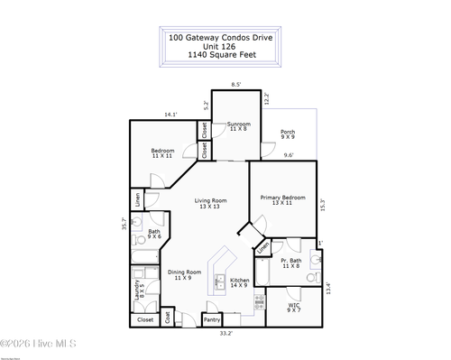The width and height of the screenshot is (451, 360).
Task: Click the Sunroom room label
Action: [238, 125]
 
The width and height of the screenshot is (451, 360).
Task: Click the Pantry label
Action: [212, 319]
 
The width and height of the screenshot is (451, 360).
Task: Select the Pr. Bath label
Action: [290, 263]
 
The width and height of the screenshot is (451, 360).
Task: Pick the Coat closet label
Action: [169, 318]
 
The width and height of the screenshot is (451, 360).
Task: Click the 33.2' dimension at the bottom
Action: [225, 334]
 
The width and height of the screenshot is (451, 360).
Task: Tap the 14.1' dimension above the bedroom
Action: [170, 115]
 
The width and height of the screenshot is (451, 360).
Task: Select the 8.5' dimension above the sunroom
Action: [236, 85]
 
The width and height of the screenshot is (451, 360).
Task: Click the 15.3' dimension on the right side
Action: [323, 205]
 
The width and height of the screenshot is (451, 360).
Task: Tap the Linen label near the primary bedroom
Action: [263, 245]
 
